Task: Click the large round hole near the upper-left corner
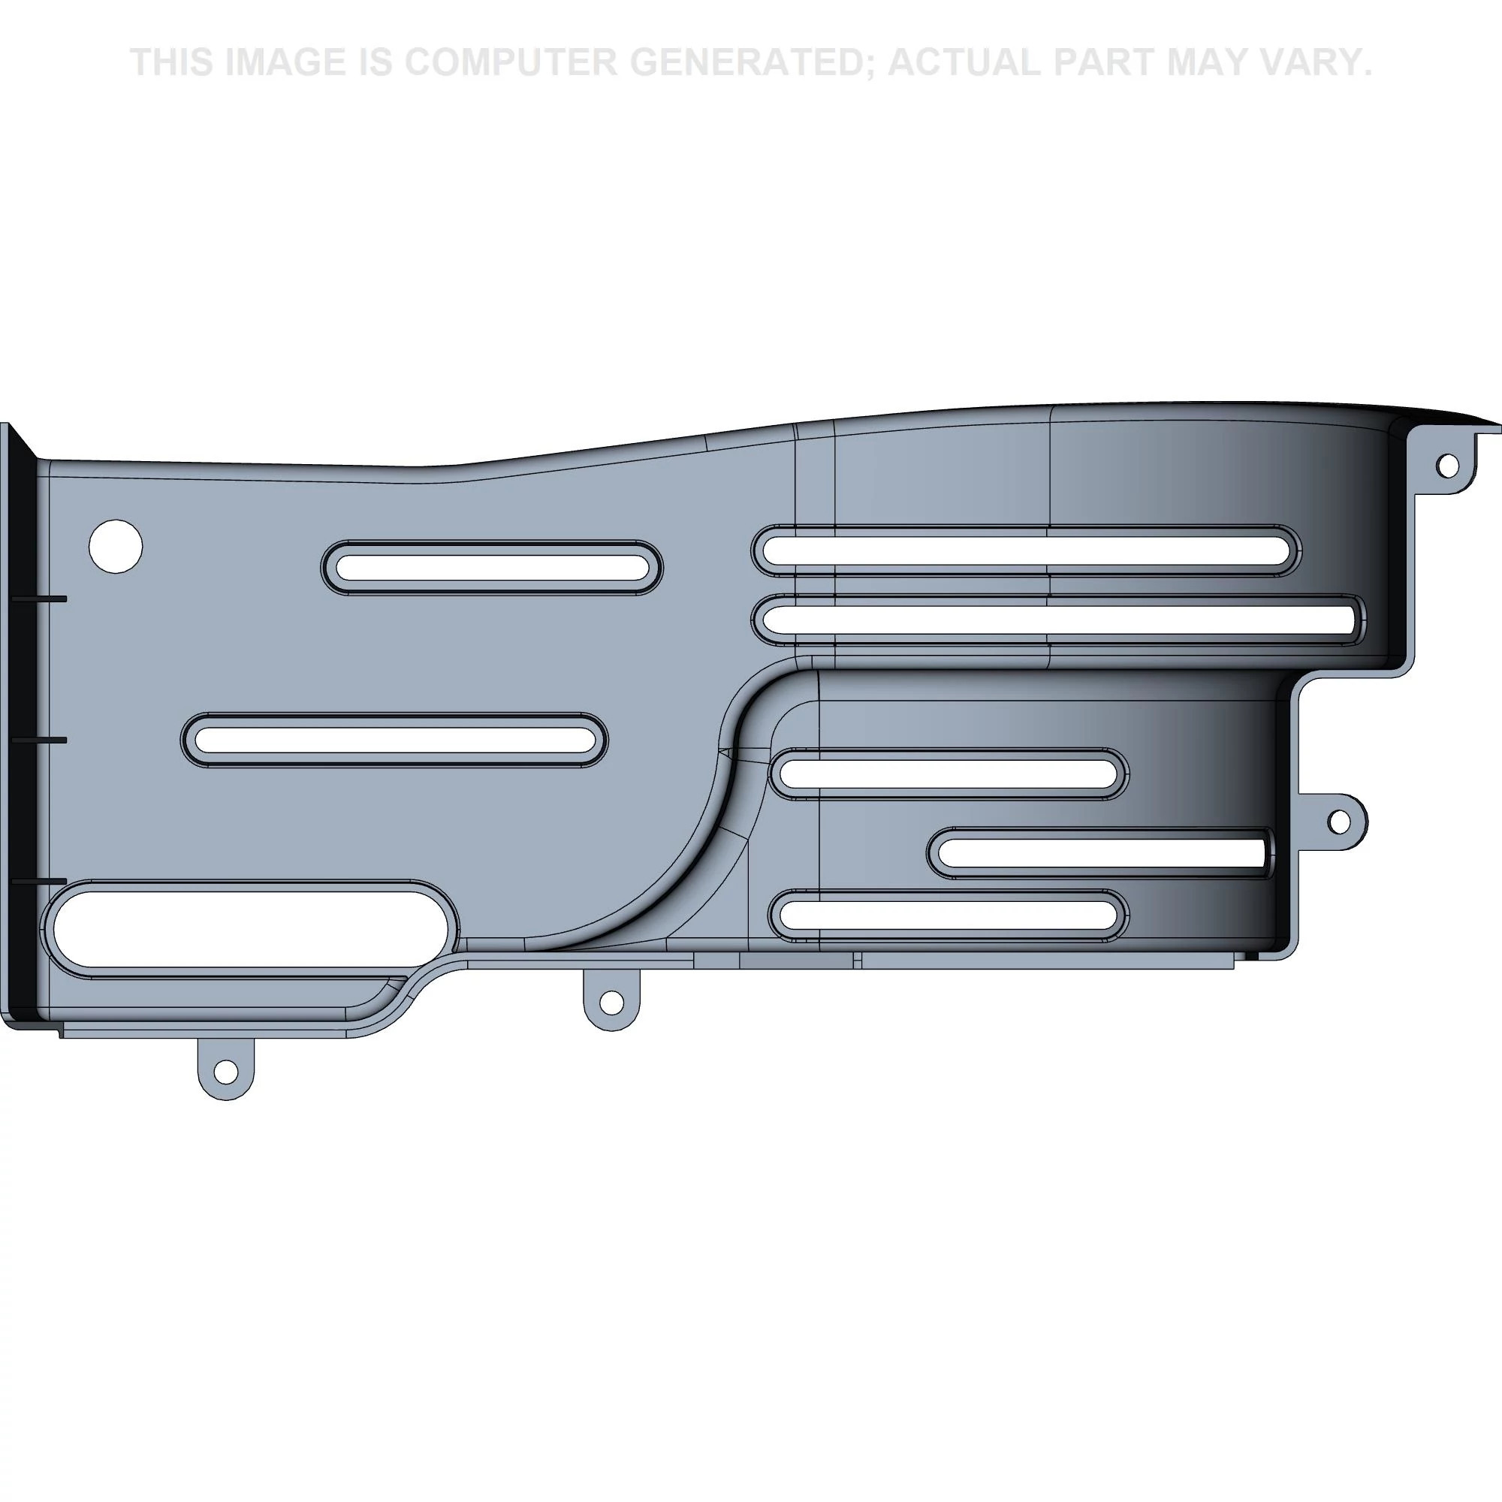(116, 547)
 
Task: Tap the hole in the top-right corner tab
(1447, 466)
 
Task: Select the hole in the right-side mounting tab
(1339, 820)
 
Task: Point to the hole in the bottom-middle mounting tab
(612, 1001)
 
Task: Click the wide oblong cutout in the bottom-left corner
(249, 930)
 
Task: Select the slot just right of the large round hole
(491, 568)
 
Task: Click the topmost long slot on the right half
(1025, 551)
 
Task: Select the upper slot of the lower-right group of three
(949, 774)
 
